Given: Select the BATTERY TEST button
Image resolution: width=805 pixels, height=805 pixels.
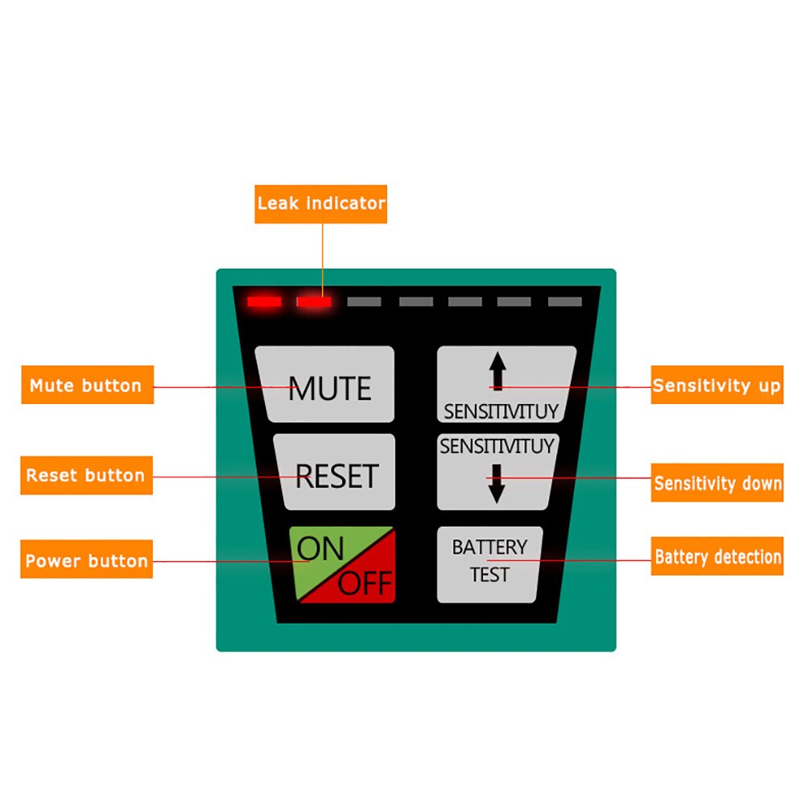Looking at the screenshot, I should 489,563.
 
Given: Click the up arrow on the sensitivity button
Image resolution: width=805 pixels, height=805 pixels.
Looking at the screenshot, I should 498,371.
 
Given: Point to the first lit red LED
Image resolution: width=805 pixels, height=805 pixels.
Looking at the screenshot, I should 264,302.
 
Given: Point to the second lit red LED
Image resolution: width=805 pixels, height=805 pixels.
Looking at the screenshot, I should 313,302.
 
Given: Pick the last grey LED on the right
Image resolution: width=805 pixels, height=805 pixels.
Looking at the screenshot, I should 564,302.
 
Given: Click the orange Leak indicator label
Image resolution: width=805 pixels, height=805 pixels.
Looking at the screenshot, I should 321,204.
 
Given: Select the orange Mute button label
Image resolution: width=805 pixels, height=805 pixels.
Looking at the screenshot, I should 86,386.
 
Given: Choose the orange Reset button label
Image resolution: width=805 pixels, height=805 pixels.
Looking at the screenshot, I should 86,475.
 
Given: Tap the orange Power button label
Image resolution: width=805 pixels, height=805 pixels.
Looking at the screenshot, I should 86,560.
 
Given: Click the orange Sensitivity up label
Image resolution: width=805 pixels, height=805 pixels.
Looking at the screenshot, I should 716,386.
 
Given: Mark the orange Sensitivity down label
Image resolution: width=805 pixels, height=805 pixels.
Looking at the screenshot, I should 716,483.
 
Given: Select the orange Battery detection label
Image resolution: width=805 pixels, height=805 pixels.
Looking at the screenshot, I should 716,556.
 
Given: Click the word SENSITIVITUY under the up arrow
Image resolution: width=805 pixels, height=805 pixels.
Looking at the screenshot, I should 501,412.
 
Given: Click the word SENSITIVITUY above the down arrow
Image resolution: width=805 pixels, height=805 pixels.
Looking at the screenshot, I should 497,446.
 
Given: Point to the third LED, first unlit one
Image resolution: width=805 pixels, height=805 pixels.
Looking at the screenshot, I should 364,302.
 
